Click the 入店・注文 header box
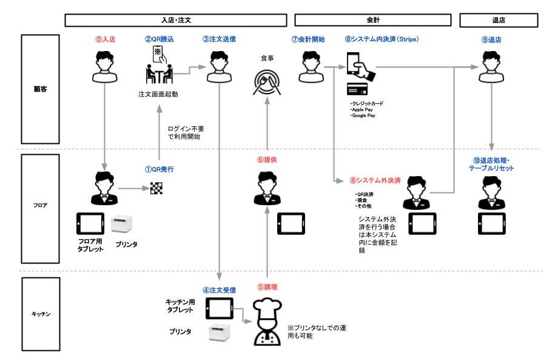click(x=176, y=20)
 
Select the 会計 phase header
click(x=373, y=20)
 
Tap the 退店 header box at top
click(x=499, y=20)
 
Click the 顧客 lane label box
click(x=40, y=89)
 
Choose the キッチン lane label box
click(x=41, y=314)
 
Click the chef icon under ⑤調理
click(x=268, y=322)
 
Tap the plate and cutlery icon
click(x=267, y=83)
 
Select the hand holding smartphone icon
click(x=360, y=67)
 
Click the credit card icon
click(x=357, y=89)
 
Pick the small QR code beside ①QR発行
click(x=157, y=188)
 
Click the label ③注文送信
click(x=219, y=39)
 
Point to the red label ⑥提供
click(x=267, y=160)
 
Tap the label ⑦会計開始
click(x=308, y=39)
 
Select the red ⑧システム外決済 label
click(x=375, y=180)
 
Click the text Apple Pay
click(x=362, y=109)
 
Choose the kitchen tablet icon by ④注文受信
click(x=220, y=308)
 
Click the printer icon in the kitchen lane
click(x=220, y=333)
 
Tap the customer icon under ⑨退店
click(x=491, y=67)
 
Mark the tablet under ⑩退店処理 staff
click(x=492, y=223)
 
